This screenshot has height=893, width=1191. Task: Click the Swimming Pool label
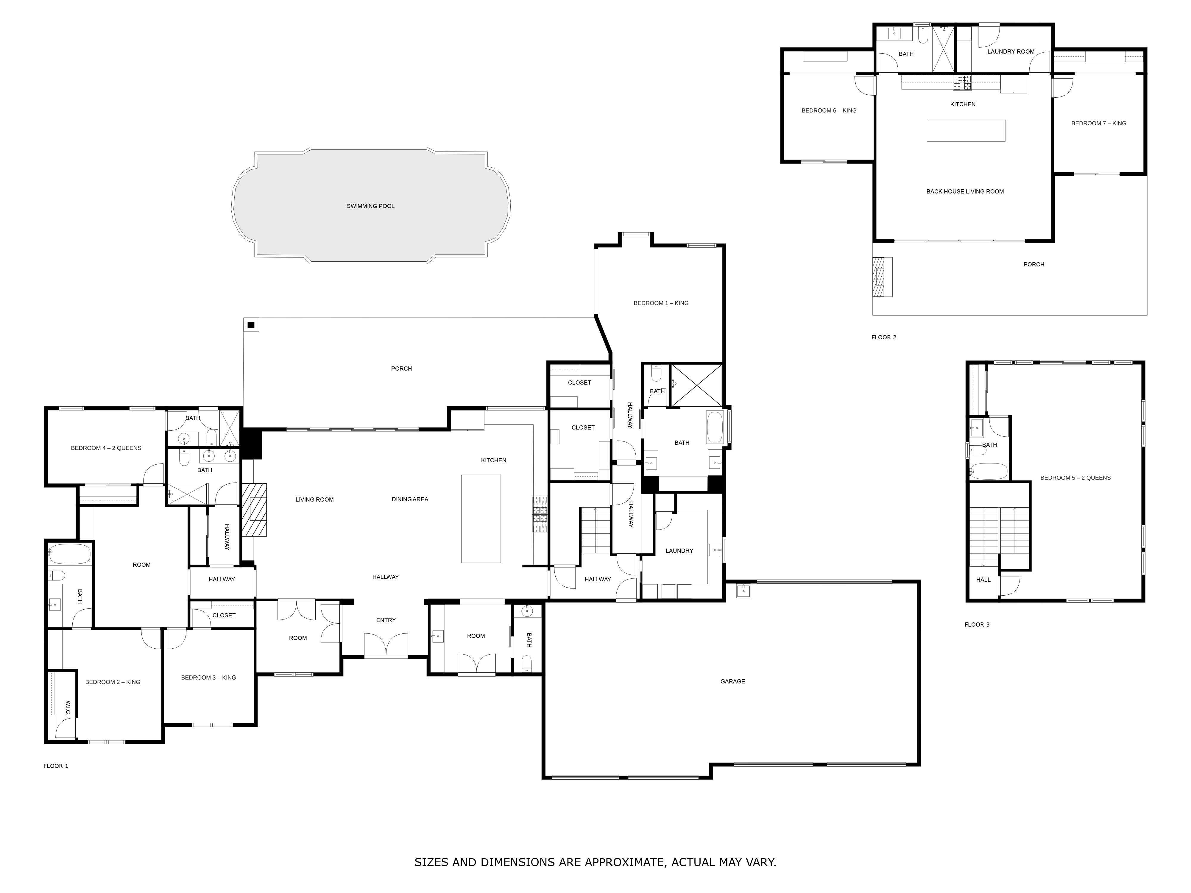[370, 206]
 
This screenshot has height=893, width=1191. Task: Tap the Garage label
[733, 681]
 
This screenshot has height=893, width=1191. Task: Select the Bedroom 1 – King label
[661, 303]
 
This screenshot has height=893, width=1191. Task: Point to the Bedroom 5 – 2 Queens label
[1075, 477]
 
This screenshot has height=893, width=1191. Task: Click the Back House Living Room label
[965, 192]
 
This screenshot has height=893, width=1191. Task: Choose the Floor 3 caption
[977, 625]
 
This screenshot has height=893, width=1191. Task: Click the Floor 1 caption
[56, 766]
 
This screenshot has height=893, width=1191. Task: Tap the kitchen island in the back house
[966, 131]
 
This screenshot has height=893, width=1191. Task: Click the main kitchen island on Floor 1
[481, 519]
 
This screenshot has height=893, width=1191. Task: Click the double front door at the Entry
[386, 645]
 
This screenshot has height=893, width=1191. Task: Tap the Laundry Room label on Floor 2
[1011, 52]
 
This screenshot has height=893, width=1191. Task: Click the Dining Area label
[410, 499]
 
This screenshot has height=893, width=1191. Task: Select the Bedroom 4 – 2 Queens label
[106, 448]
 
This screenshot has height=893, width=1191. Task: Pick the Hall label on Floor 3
[983, 580]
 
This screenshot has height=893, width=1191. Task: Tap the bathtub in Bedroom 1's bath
[715, 427]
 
